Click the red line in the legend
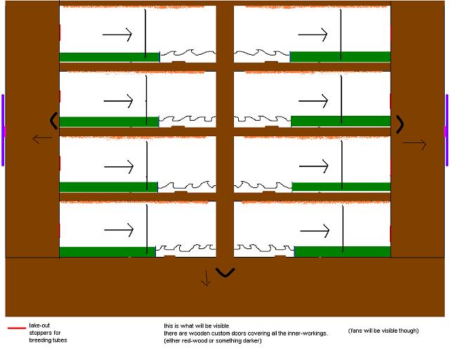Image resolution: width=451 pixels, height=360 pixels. pos(17,328)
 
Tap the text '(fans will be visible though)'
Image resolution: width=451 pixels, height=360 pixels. pos(384,331)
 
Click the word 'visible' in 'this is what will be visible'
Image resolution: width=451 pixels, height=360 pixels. pos(221,326)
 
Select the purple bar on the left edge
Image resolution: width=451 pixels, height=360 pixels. pos(3,130)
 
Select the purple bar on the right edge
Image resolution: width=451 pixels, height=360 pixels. pos(447,130)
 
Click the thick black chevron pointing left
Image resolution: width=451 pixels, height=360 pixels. pos(54,121)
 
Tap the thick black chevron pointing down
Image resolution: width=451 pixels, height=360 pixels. pos(225,272)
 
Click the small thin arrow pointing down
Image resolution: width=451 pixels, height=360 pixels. pos(206,278)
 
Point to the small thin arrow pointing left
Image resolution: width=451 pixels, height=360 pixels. pos(42,139)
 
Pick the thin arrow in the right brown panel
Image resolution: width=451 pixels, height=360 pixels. pos(414,144)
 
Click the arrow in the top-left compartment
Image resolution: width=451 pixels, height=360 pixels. pos(117,34)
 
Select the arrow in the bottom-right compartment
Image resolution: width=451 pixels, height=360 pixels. pos(315,231)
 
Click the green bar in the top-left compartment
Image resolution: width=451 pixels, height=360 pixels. pos(110,57)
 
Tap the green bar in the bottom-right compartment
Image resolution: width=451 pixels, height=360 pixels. pos(343,252)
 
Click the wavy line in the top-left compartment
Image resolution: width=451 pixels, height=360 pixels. pos(188,53)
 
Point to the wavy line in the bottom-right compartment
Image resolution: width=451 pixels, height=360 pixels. pos(264,248)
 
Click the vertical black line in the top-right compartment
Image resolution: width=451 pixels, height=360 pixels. pos(341,34)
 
